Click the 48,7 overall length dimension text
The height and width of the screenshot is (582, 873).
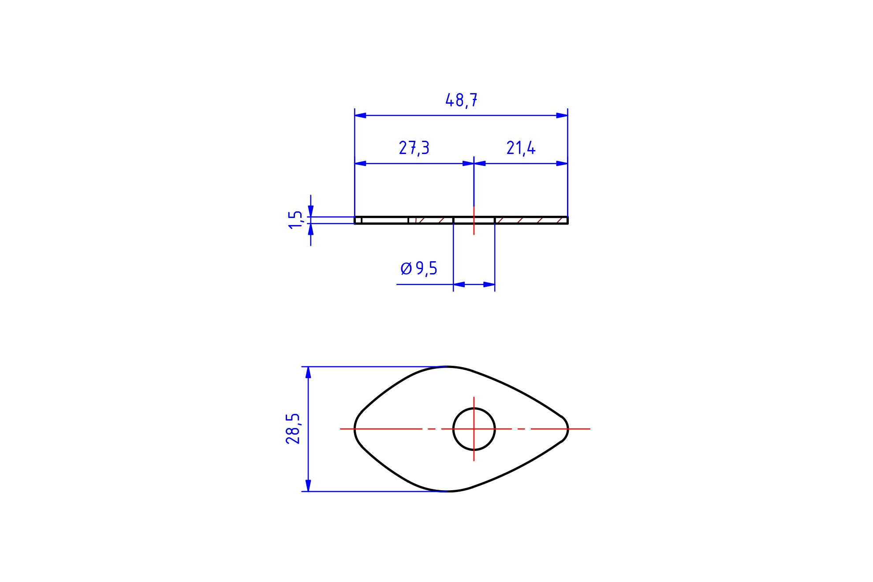461,101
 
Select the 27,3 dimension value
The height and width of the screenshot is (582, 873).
414,148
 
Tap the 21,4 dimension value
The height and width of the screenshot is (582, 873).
521,148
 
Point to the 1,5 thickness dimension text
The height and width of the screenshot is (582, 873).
296,220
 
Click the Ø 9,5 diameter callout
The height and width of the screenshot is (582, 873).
419,268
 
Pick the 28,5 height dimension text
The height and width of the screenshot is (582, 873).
293,428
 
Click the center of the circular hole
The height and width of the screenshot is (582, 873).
474,429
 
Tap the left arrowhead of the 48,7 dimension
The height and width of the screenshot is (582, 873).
360,116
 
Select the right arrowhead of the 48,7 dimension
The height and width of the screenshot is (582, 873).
562,116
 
